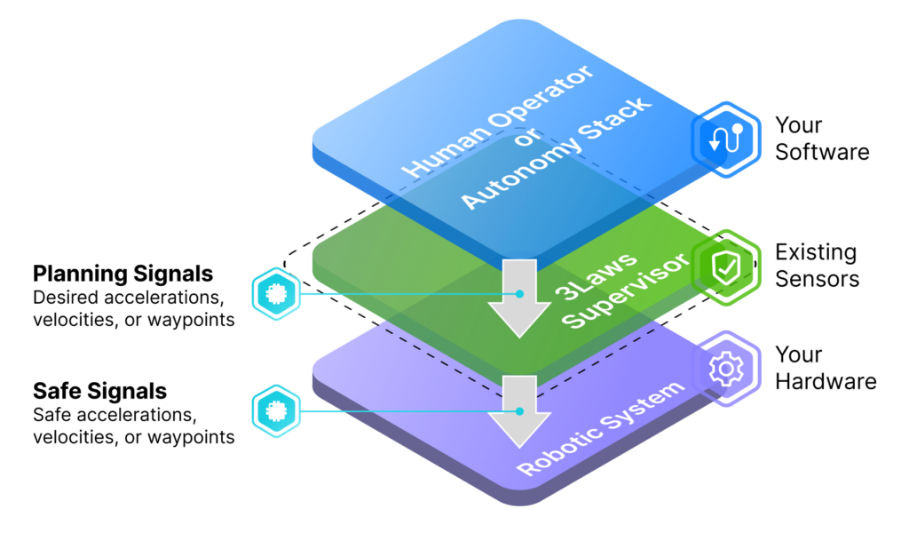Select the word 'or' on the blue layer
click(x=526, y=144)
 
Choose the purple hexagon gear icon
click(x=726, y=369)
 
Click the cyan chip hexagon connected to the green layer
click(x=277, y=293)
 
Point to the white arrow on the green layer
click(x=520, y=298)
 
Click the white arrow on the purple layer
click(x=520, y=410)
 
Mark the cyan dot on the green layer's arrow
click(x=520, y=294)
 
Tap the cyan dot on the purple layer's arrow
click(x=520, y=411)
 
